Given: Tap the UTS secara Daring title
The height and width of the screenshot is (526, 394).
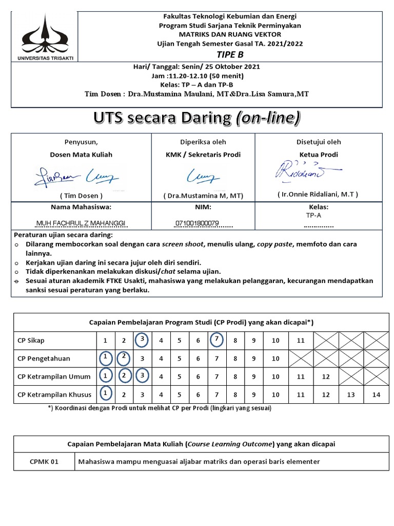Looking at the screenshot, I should click(x=196, y=118).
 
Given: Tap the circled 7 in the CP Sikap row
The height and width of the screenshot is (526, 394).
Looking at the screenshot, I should click(x=217, y=340).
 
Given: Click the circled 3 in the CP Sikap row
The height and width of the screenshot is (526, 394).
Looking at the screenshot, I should click(x=142, y=340).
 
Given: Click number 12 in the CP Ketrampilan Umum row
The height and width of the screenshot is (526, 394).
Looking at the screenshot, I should click(x=326, y=377).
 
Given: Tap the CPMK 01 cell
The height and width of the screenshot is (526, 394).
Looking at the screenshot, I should click(x=44, y=461).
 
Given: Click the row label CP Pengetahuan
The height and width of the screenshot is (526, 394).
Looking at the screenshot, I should click(x=44, y=358).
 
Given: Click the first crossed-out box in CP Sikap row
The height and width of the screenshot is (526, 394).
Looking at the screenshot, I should click(x=326, y=340).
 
